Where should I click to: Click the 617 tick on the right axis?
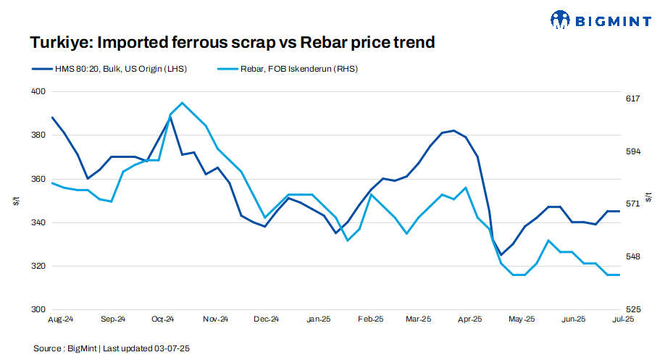pos(632,99)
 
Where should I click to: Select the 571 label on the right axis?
pos(632,204)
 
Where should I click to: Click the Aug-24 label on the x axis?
pos(60,319)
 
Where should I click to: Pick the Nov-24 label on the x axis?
pos(215,319)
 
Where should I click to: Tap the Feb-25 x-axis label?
pos(370,319)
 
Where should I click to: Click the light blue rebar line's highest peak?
pos(182,103)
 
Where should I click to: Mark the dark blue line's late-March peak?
pos(453,130)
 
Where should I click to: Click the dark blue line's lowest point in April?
pos(501,255)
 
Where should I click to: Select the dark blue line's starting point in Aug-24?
pos(52,117)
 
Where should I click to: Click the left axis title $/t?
pos(16,201)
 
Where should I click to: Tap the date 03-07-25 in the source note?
pos(171,348)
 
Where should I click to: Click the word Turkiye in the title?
pos(57,43)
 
